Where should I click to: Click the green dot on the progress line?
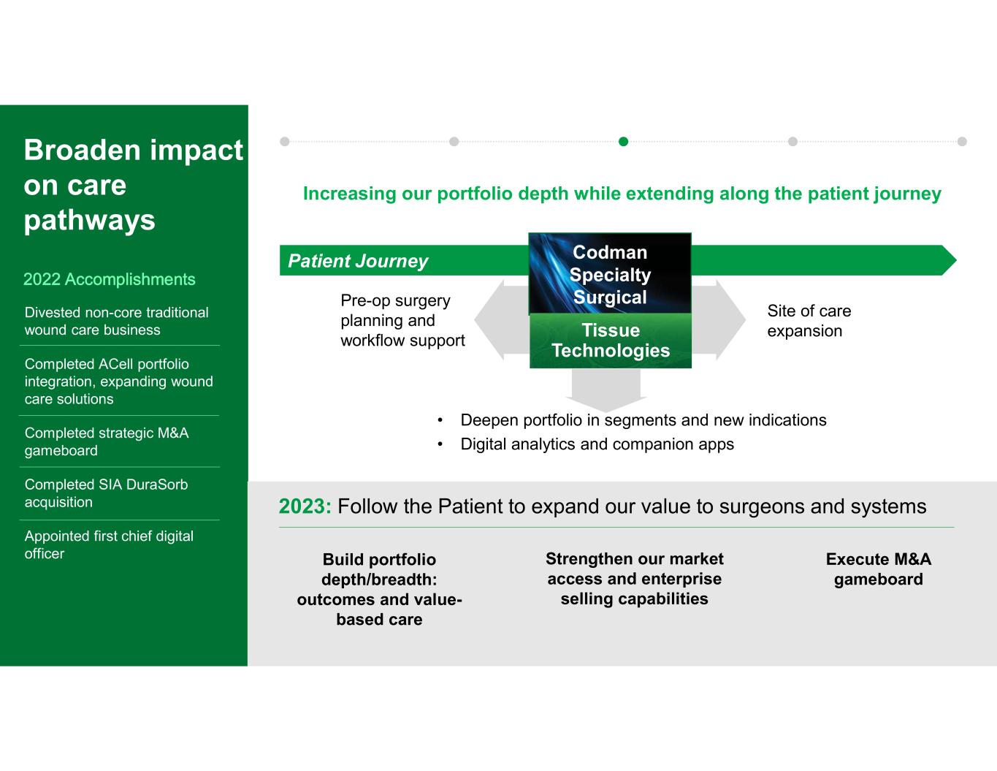pos(623,141)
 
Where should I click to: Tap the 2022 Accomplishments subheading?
pos(110,279)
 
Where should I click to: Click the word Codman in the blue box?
pos(610,252)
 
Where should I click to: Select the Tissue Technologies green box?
pos(610,341)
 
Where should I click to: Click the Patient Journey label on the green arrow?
pos(358,261)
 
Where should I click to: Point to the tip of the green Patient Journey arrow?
pos(956,260)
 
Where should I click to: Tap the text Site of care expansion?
pos(809,321)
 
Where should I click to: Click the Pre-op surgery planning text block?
pos(402,320)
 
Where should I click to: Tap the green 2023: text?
pos(305,506)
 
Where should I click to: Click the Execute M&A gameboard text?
pos(878,569)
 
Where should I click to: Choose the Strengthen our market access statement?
pos(634,579)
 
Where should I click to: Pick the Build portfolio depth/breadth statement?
pos(379,589)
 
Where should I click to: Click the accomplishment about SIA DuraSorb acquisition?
pos(106,493)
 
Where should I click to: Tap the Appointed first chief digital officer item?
pos(109,544)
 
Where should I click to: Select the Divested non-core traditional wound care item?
pos(116,321)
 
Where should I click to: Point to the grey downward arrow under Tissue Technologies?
pos(606,390)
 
